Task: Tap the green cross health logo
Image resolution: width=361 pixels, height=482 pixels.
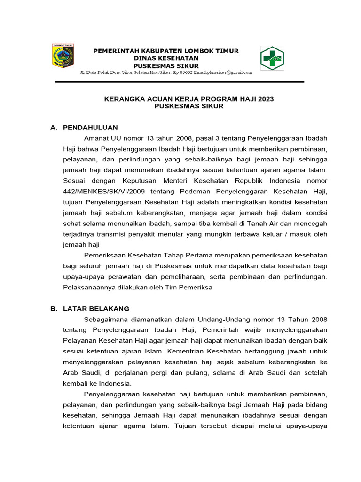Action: [x=272, y=58]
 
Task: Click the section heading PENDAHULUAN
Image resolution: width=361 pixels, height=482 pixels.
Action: [x=90, y=128]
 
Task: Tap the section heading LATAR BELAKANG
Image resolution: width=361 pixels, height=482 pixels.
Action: [x=96, y=309]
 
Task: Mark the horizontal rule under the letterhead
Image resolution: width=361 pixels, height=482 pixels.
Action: [x=180, y=82]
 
